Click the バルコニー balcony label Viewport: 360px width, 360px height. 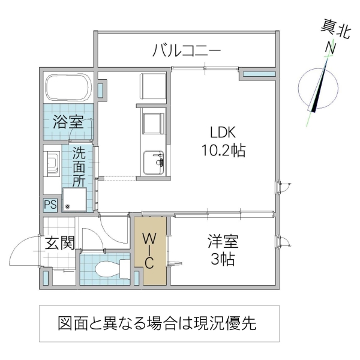click(187, 50)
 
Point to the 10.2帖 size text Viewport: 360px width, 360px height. click(223, 150)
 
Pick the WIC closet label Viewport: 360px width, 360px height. click(149, 250)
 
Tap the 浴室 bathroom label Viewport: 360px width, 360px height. click(67, 122)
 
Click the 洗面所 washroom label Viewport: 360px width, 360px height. click(79, 166)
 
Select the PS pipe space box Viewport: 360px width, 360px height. click(50, 205)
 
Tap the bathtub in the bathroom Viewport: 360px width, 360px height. click(68, 88)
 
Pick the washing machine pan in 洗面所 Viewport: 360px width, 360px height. click(74, 199)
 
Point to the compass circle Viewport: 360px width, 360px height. click(319, 90)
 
